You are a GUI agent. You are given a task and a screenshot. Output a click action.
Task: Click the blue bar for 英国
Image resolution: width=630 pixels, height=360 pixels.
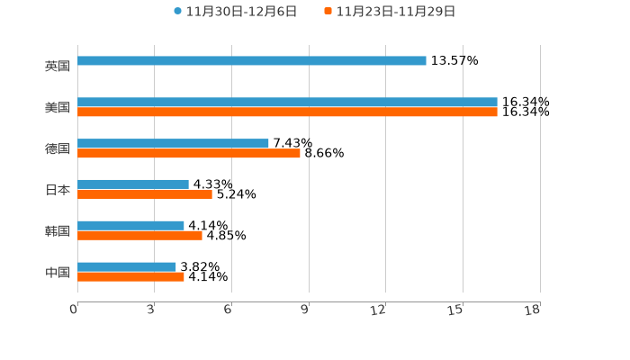[252, 61]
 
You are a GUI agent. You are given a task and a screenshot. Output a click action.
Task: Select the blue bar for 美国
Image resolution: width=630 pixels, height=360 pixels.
[287, 103]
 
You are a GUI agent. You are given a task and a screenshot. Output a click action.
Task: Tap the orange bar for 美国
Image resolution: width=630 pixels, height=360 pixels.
[287, 112]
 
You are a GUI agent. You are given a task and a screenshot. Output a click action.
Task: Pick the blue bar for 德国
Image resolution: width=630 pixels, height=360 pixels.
[173, 144]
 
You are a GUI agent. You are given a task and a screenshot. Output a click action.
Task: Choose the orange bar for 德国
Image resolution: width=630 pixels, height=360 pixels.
[189, 154]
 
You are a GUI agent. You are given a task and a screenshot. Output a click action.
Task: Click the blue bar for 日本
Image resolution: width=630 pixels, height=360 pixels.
[133, 184]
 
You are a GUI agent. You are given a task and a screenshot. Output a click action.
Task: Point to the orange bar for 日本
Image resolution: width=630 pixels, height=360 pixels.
[145, 194]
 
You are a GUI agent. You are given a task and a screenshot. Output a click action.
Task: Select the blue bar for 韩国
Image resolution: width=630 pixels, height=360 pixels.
[130, 226]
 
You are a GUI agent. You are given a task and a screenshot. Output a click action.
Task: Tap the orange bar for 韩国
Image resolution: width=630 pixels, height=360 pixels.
[139, 236]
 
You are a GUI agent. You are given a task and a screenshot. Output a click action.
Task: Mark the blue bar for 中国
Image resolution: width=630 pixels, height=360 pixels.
[127, 267]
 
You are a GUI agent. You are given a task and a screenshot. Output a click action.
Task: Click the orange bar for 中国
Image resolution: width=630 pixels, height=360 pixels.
[130, 277]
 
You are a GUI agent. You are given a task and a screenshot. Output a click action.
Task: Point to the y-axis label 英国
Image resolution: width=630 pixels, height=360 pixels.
[58, 67]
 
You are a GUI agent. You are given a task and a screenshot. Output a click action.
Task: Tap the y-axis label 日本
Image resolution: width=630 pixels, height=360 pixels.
[58, 190]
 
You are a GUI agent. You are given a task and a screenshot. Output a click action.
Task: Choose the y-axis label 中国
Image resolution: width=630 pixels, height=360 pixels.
[58, 273]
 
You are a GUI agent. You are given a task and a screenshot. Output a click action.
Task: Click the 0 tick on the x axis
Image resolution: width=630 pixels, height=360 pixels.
[75, 310]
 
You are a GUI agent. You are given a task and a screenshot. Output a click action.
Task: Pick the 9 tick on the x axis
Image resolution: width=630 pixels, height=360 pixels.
[305, 310]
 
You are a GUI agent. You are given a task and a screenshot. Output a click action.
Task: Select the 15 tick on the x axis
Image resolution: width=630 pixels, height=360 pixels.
[457, 310]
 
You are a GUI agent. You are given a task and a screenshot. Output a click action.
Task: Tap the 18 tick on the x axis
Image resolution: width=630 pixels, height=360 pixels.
[534, 310]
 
